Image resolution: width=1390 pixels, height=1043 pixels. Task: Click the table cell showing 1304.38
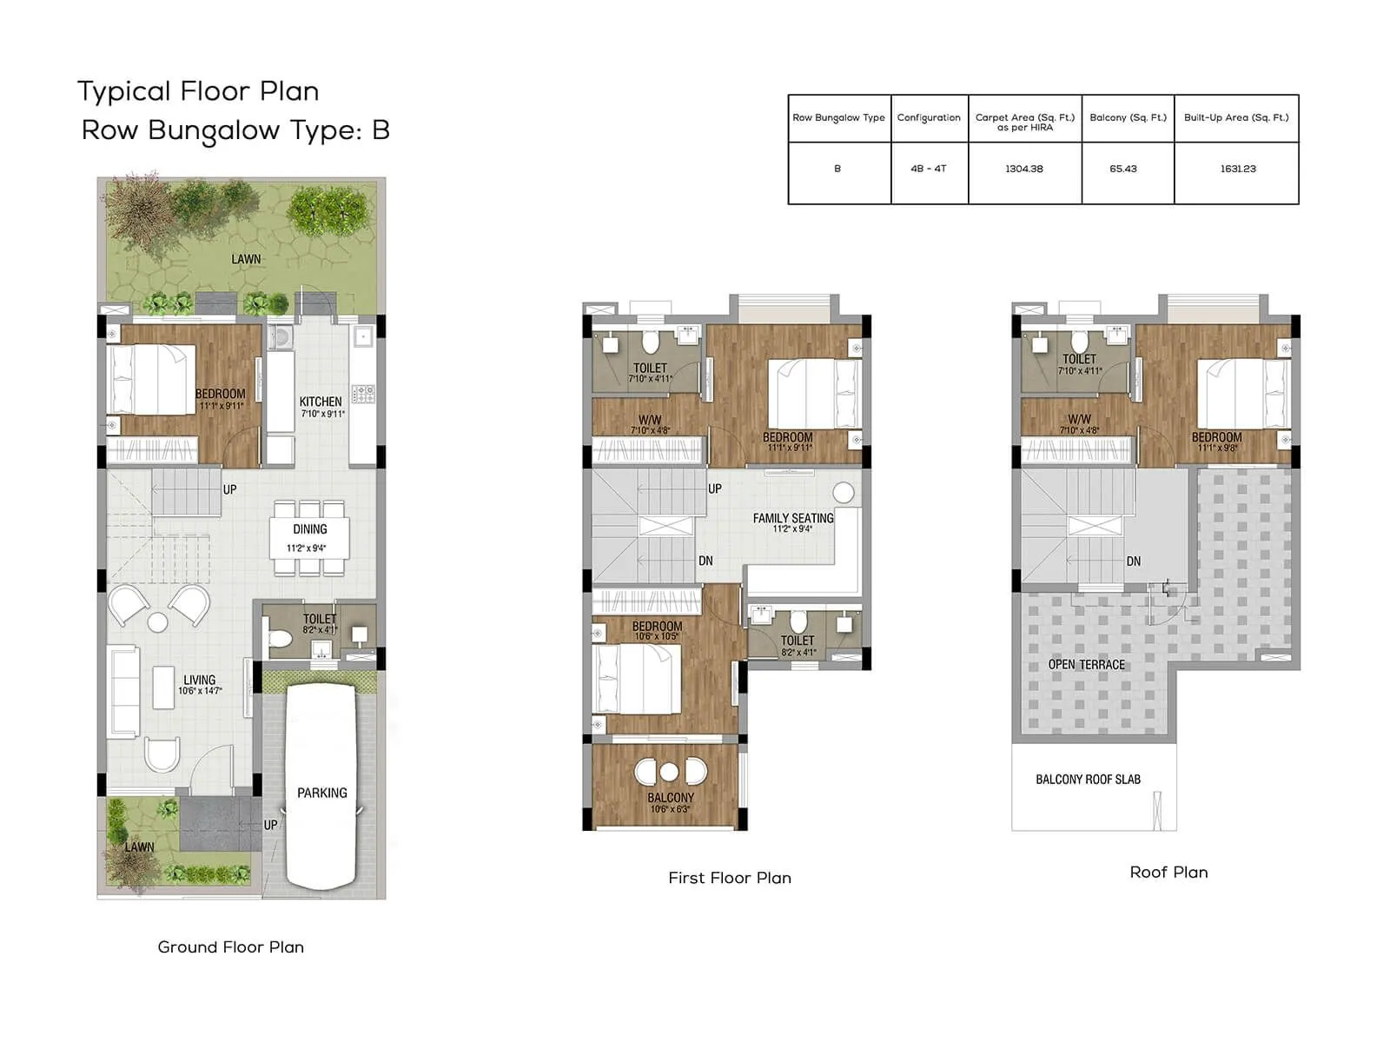click(1024, 169)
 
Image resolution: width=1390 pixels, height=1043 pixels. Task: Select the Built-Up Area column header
click(1236, 117)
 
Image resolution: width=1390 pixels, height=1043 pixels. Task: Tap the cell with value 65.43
click(1123, 169)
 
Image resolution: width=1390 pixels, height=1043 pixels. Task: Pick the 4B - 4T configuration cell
click(928, 169)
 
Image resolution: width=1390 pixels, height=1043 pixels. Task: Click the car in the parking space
click(321, 782)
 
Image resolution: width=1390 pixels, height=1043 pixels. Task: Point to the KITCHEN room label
click(321, 402)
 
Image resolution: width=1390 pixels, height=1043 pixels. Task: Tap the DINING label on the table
click(310, 529)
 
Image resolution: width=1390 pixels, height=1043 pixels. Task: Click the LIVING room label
click(199, 681)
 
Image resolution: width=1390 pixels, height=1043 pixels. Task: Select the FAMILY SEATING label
click(792, 518)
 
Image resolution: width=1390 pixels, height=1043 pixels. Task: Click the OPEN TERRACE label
click(1086, 665)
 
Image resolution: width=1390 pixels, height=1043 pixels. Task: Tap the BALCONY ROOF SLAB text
click(1088, 780)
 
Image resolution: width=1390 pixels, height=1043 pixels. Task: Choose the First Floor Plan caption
click(730, 878)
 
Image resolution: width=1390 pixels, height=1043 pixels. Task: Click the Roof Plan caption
click(1168, 872)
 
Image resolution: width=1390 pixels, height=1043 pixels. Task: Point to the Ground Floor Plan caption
click(230, 947)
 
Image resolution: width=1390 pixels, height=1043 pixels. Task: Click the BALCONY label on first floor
click(670, 797)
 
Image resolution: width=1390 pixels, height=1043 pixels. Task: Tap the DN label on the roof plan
click(1133, 561)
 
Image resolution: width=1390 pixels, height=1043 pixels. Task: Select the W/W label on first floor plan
click(649, 420)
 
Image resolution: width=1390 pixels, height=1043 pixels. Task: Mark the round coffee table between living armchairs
click(157, 622)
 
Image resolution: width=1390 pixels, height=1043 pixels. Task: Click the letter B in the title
click(381, 130)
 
